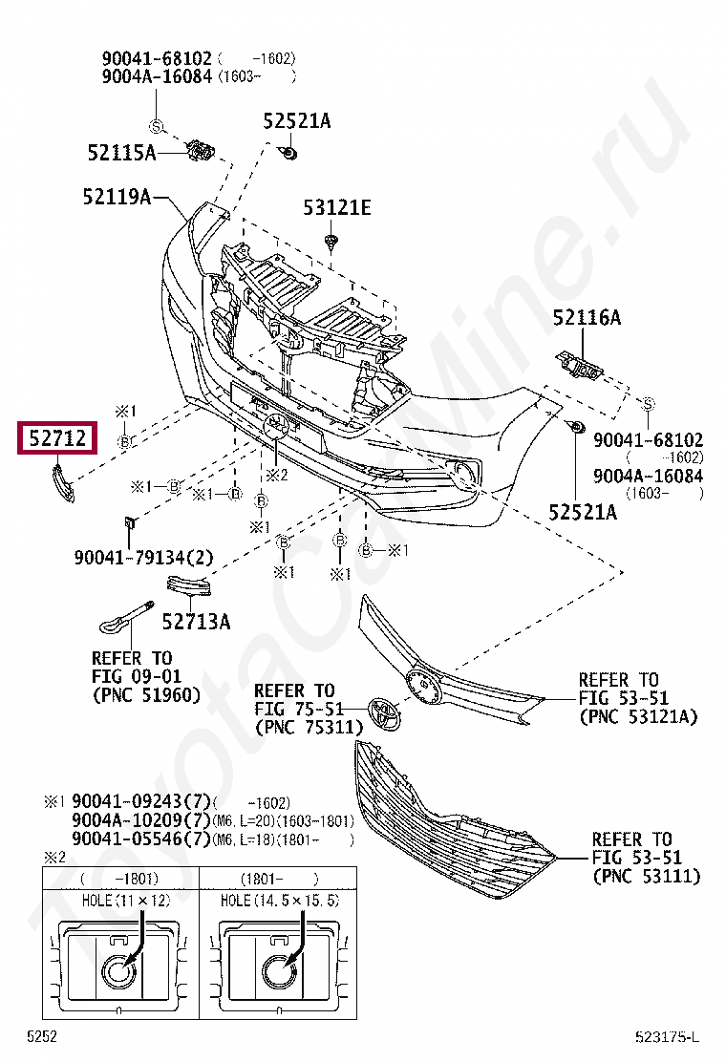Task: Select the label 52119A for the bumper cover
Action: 117,198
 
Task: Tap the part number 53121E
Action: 337,207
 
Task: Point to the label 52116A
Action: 586,318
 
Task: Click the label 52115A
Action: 121,152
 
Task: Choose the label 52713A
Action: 196,622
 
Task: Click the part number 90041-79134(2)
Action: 142,556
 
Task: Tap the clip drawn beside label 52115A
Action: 202,150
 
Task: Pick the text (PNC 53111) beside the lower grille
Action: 646,876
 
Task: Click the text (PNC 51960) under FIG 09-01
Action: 146,694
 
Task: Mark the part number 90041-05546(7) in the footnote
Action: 140,839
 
